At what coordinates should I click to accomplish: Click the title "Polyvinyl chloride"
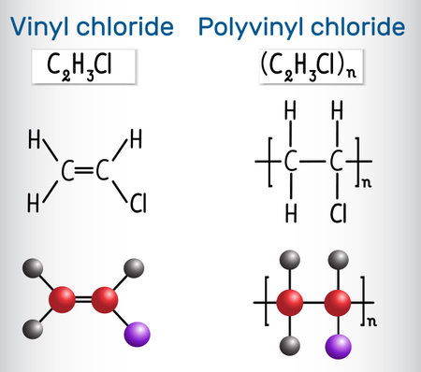pos(301,26)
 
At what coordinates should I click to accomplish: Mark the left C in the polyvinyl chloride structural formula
pos(291,164)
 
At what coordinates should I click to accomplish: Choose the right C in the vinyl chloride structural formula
pos(104,171)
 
